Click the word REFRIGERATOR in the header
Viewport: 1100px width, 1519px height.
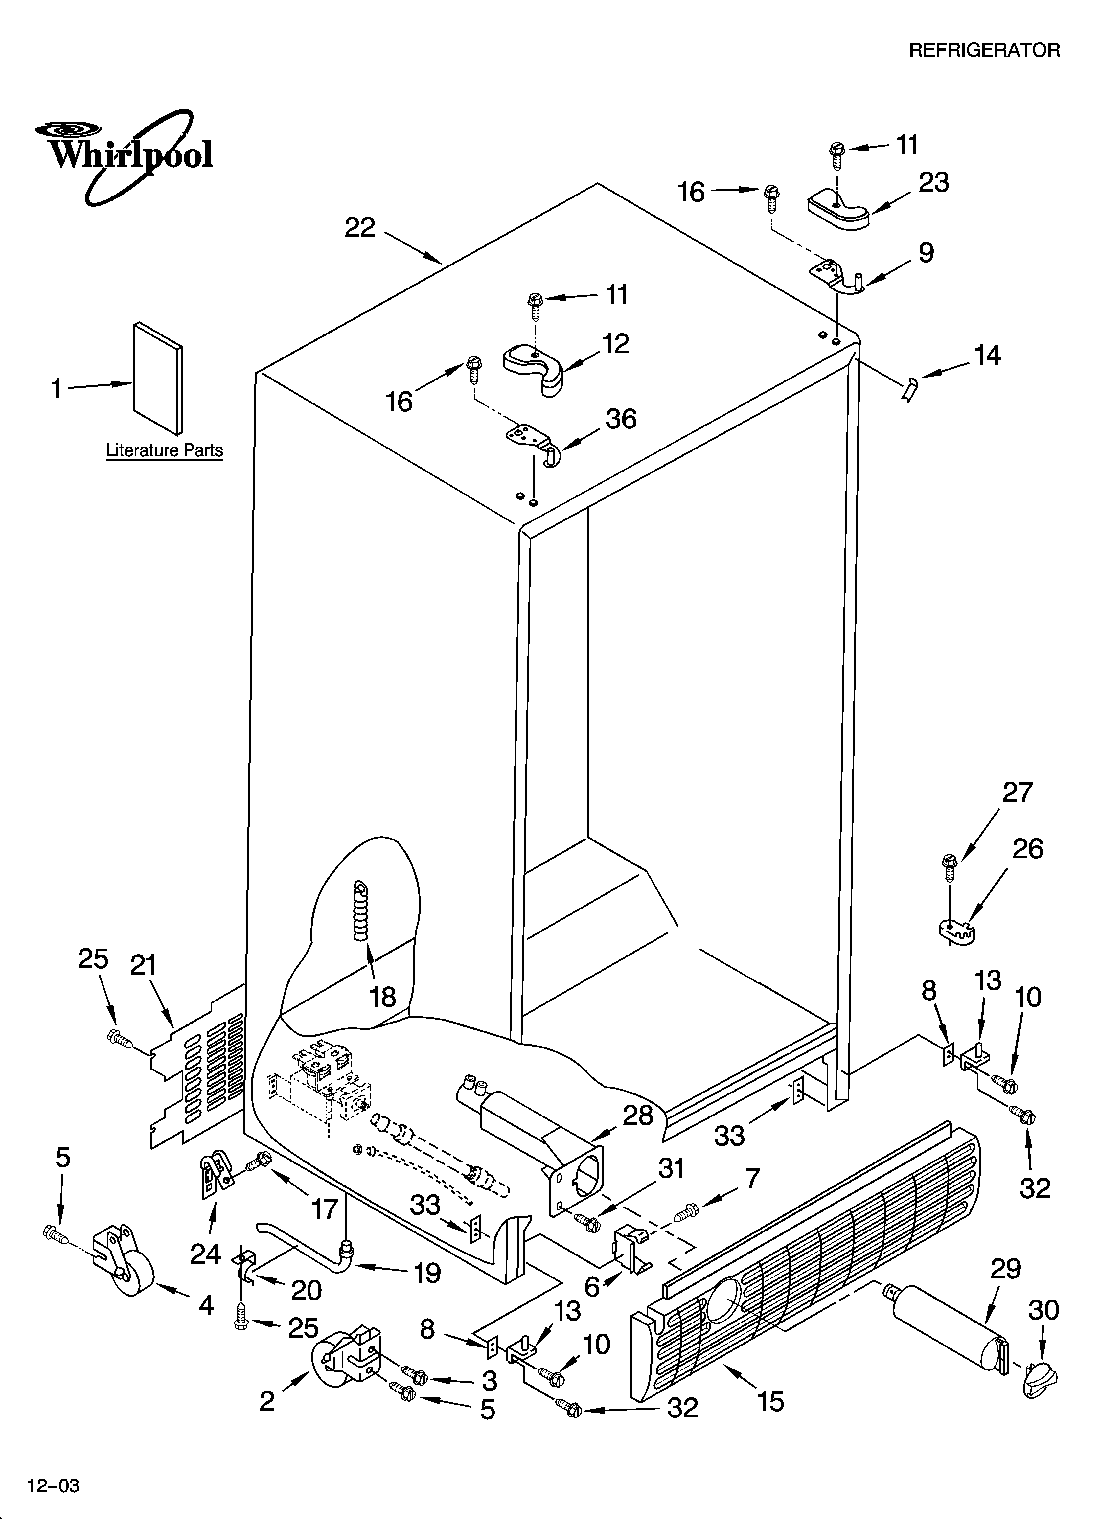(x=983, y=50)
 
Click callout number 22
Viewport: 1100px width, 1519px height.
(x=360, y=228)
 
